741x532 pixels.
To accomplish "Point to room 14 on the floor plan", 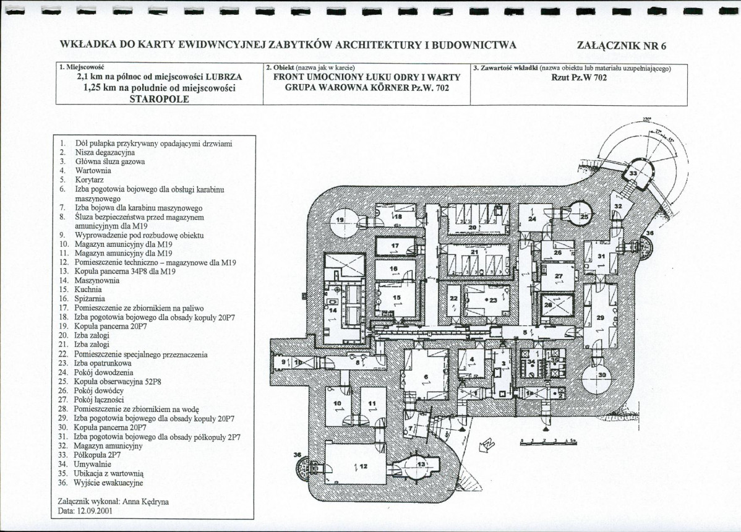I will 333,309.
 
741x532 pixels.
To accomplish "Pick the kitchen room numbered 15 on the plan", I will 396,298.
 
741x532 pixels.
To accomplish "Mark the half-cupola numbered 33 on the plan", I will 632,174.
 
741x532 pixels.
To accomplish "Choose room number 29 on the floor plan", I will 599,317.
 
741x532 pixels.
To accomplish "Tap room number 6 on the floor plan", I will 426,377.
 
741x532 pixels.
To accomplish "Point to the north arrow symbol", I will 488,444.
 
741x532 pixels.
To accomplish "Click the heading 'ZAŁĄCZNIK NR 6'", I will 621,45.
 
